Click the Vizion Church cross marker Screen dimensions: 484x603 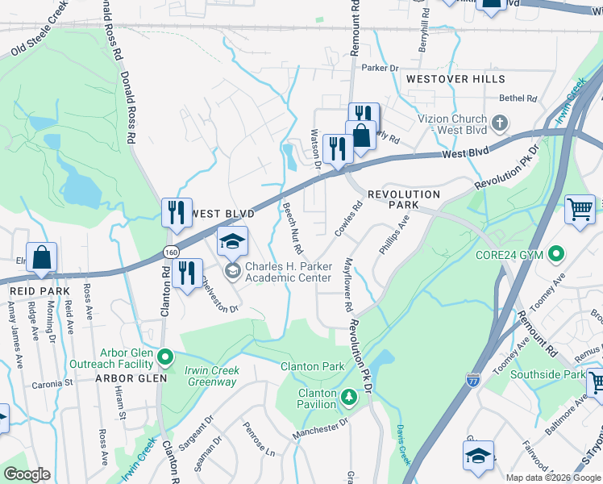[x=500, y=124]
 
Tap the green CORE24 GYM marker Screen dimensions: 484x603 [x=555, y=255]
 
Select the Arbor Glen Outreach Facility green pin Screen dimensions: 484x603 [x=165, y=356]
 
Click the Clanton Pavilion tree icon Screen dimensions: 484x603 [x=348, y=396]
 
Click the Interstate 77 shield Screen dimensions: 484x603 [x=474, y=378]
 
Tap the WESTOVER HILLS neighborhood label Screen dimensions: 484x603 [x=455, y=79]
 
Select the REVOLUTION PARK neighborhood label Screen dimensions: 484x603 [x=404, y=200]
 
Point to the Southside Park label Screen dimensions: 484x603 [x=551, y=375]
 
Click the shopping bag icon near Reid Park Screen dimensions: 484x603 [x=42, y=260]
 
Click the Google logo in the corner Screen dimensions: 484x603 [x=27, y=474]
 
